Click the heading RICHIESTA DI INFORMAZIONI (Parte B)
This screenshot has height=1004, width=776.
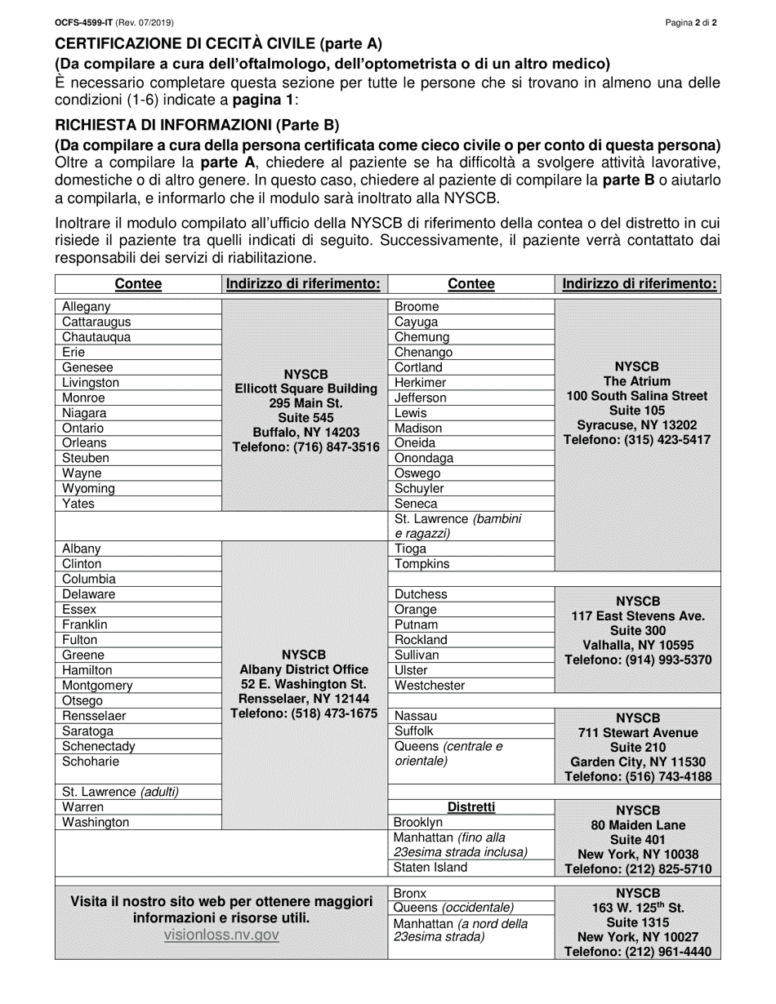[x=196, y=125]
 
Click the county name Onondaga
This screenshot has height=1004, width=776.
[x=423, y=458]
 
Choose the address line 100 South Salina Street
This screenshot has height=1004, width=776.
[x=637, y=396]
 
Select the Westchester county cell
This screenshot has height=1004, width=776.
[x=430, y=686]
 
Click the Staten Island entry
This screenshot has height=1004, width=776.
[x=431, y=868]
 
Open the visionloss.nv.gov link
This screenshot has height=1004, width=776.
[x=221, y=935]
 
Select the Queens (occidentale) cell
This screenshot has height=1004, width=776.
[x=454, y=908]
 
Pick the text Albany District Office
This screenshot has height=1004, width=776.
[x=305, y=669]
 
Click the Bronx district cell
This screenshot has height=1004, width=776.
[x=410, y=893]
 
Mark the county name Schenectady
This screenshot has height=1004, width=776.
[x=99, y=746]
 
